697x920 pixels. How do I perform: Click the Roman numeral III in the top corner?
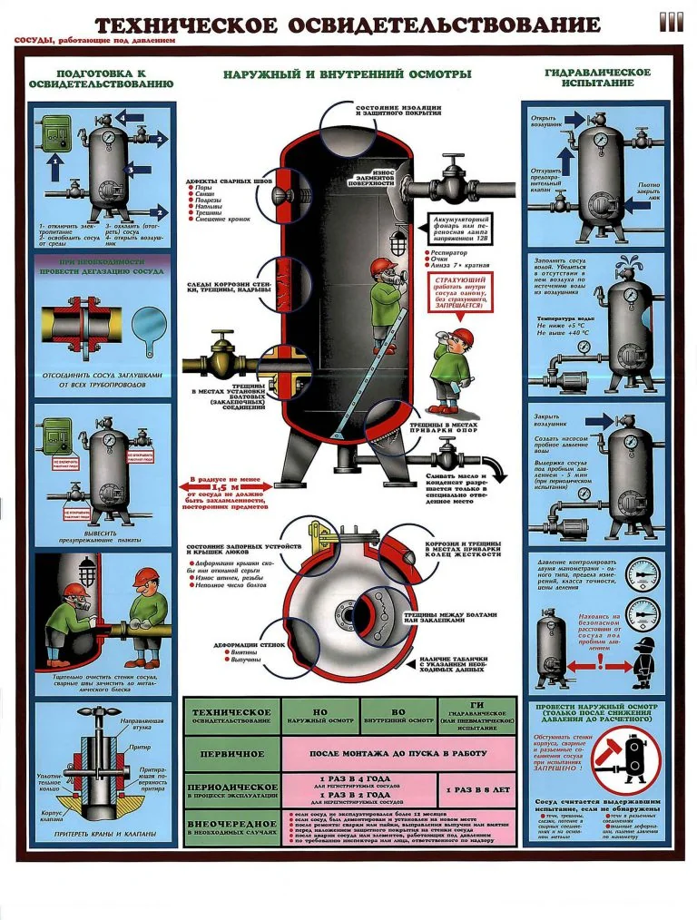(x=671, y=22)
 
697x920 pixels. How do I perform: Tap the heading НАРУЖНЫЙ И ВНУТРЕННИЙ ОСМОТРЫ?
(x=348, y=73)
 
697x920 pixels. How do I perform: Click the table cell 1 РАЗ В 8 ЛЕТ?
(x=477, y=789)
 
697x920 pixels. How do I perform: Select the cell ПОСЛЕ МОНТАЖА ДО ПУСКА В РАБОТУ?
(x=398, y=753)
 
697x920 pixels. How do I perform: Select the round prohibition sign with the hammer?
(x=625, y=759)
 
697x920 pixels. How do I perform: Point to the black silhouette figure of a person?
(x=644, y=660)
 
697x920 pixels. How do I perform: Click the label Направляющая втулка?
(x=143, y=722)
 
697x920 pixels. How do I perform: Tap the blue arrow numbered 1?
(x=54, y=170)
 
